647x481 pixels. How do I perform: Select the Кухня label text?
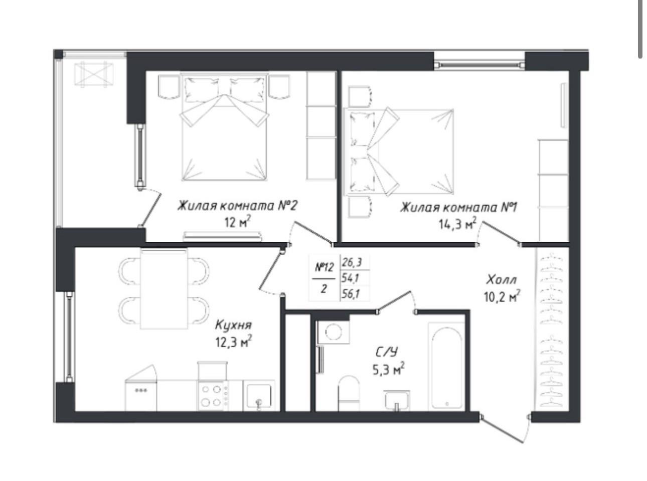(x=233, y=325)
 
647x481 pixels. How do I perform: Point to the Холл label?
(x=501, y=280)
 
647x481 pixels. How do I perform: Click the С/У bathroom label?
(x=386, y=353)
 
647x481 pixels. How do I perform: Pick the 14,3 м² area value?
(x=458, y=224)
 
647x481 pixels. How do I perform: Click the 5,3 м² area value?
(x=389, y=370)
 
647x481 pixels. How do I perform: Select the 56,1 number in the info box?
(x=352, y=294)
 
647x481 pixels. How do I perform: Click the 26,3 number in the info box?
(x=352, y=262)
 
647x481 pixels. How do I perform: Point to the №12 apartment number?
(x=324, y=267)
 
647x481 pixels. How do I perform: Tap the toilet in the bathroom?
(x=349, y=393)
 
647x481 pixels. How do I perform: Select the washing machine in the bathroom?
(x=334, y=332)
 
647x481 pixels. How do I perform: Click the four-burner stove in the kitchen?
(x=213, y=396)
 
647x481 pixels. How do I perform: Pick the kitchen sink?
(x=259, y=396)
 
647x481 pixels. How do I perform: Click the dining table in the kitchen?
(x=164, y=289)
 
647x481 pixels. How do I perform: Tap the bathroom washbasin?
(x=397, y=400)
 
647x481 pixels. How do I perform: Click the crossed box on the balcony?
(x=94, y=75)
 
